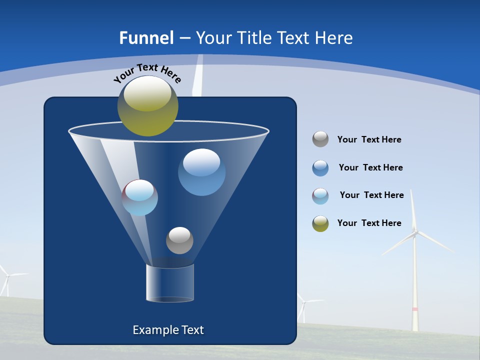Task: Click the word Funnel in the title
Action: (146, 38)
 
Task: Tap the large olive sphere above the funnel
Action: (148, 105)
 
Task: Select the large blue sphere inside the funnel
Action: (201, 172)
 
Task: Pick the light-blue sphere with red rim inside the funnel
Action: (140, 197)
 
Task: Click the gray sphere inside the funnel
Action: (179, 240)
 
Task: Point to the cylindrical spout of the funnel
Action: (170, 283)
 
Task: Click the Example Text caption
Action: (168, 330)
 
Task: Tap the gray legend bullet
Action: (320, 139)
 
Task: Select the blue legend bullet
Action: (320, 168)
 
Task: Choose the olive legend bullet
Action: (320, 223)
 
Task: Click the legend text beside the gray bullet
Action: (369, 139)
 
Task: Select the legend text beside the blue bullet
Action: (370, 167)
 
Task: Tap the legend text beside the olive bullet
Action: (369, 223)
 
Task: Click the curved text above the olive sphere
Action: (147, 73)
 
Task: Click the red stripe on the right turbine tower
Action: (414, 309)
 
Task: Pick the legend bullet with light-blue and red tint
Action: (320, 196)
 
